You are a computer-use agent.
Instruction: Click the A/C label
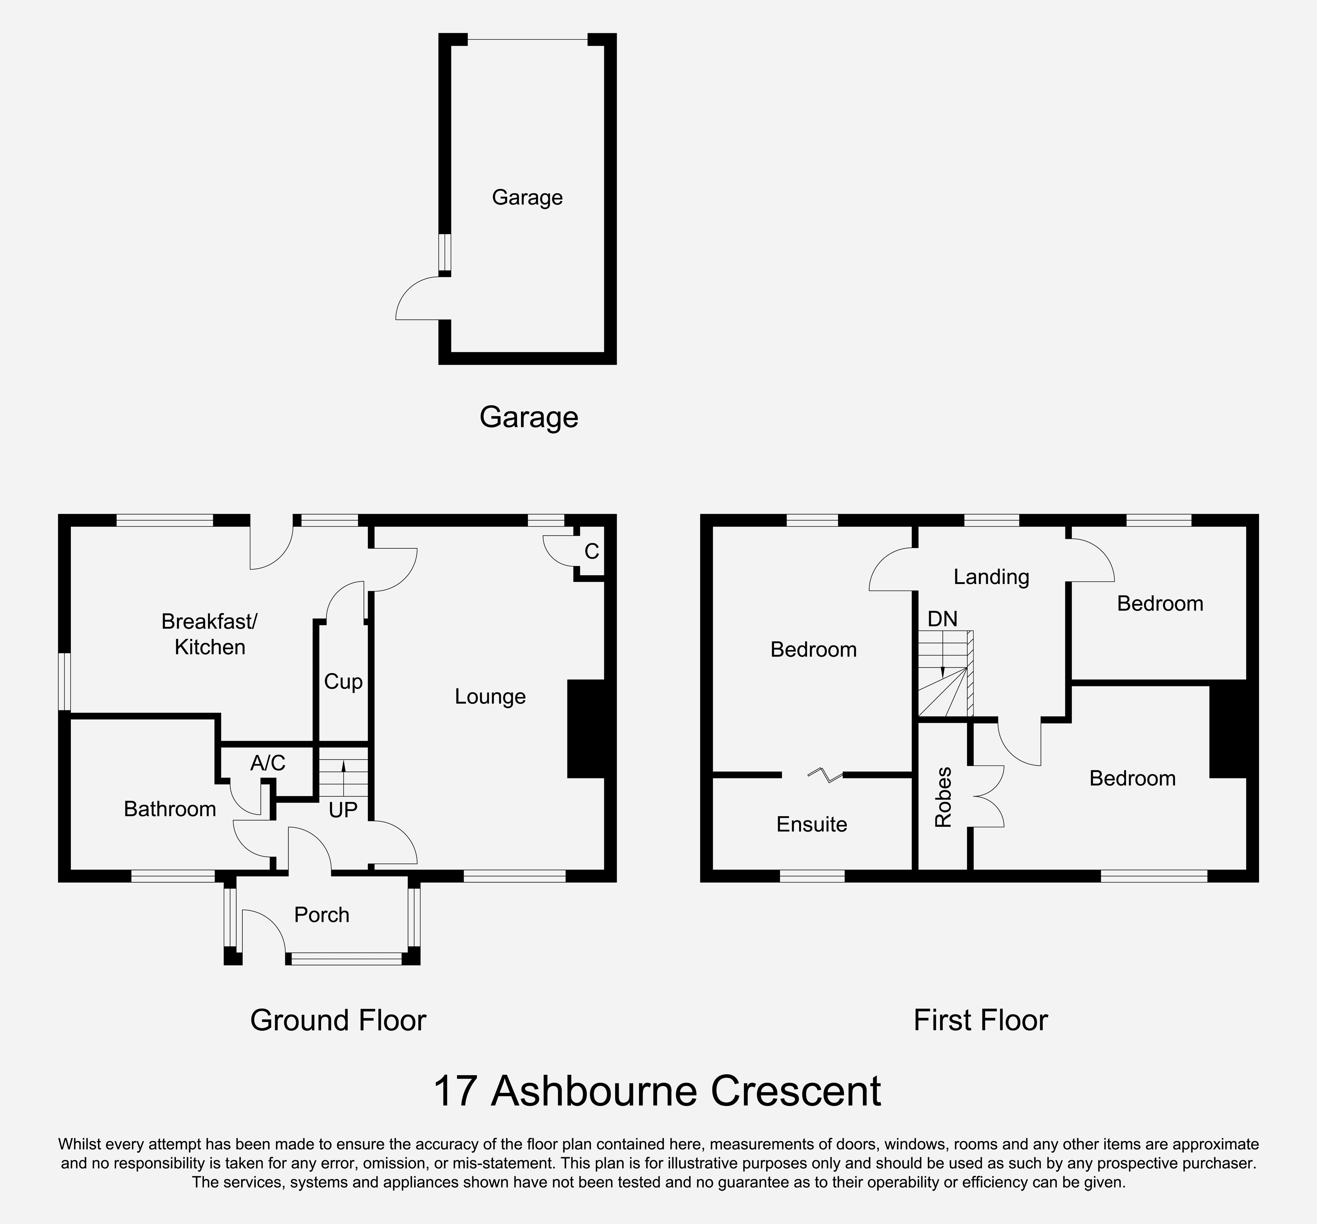click(x=268, y=764)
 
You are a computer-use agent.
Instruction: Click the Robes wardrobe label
click(x=943, y=798)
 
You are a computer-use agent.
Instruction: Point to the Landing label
click(x=991, y=577)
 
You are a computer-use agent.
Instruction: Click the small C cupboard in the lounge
click(x=592, y=551)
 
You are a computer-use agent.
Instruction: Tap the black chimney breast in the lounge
click(x=586, y=729)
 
